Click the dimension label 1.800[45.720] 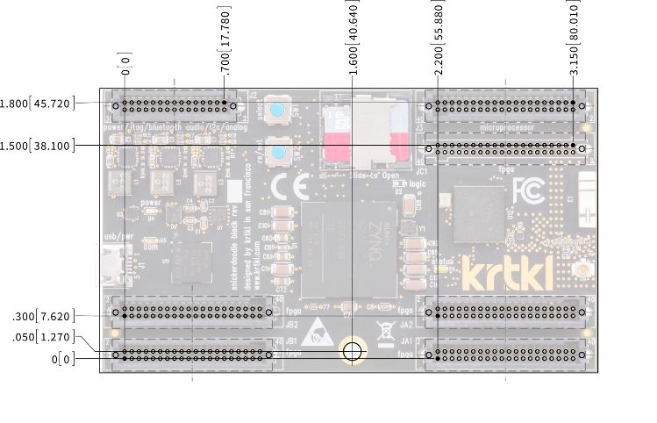38,103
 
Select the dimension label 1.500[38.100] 38,145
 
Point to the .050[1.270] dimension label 43,337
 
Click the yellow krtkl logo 508,274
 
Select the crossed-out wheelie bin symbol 383,331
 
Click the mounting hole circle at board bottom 353,352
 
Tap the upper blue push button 278,111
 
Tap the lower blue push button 278,154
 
